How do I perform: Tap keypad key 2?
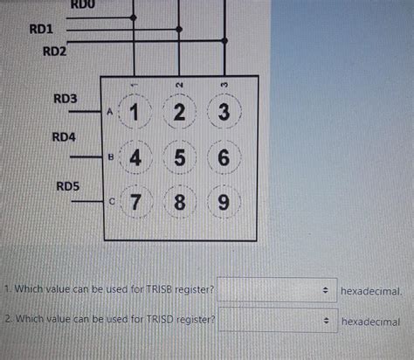179,113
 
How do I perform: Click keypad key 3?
224,113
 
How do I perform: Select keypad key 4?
135,159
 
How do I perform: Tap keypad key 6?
224,159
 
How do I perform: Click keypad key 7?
135,203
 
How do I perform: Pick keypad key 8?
179,203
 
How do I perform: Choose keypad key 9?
224,203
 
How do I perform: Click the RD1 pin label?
42,29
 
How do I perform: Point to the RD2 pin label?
54,51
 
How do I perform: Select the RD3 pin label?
65,99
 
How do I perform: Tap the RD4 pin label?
64,137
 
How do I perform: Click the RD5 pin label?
68,185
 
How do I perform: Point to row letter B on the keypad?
111,157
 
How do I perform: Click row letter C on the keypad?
111,201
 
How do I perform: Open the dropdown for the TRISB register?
275,288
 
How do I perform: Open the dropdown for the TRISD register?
275,321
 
